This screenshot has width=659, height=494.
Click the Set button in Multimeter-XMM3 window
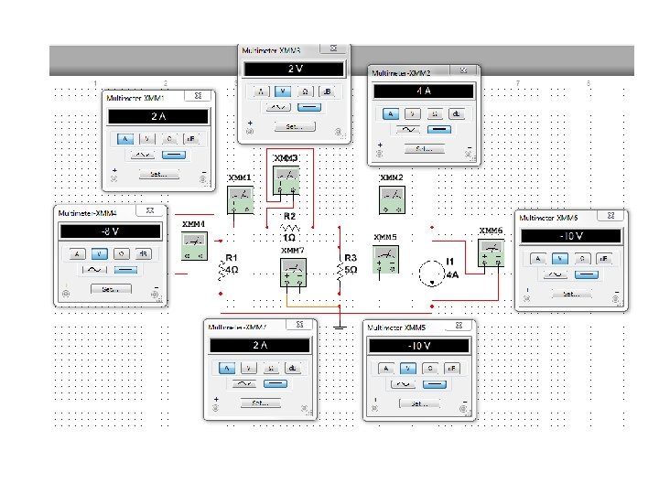point(293,126)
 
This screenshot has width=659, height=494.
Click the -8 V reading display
point(111,232)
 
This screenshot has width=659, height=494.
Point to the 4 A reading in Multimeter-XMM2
point(423,91)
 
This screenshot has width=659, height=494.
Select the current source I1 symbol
point(430,274)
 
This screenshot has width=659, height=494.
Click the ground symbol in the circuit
point(339,325)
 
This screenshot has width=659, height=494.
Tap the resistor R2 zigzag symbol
point(289,227)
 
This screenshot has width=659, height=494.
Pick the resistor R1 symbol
point(222,271)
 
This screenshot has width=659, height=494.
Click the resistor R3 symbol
point(340,271)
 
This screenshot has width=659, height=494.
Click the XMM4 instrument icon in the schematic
point(194,245)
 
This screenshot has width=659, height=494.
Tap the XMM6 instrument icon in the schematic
point(491,252)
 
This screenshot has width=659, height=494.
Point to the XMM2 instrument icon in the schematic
point(393,199)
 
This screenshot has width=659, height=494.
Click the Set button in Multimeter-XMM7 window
point(260,403)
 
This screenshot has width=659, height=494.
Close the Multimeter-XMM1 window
point(198,96)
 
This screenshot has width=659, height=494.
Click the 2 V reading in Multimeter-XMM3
point(294,70)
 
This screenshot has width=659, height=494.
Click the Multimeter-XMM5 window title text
point(399,328)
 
